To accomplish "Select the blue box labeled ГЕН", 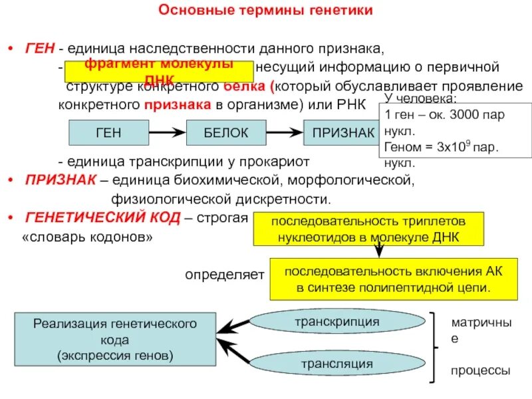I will pyautogui.click(x=109, y=133).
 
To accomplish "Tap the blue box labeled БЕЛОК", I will pyautogui.click(x=226, y=133).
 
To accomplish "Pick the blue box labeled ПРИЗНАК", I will pyautogui.click(x=342, y=133).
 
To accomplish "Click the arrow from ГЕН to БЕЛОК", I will pyautogui.click(x=167, y=133).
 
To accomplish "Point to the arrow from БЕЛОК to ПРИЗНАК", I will pyautogui.click(x=285, y=133).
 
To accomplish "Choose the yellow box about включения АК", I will pyautogui.click(x=394, y=279).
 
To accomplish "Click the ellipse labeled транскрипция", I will pyautogui.click(x=336, y=322).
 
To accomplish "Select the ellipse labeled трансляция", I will pyautogui.click(x=336, y=364).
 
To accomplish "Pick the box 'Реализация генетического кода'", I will pyautogui.click(x=115, y=339).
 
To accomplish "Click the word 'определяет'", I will pyautogui.click(x=225, y=274).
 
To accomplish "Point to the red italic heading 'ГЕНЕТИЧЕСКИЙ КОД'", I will pyautogui.click(x=100, y=217).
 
